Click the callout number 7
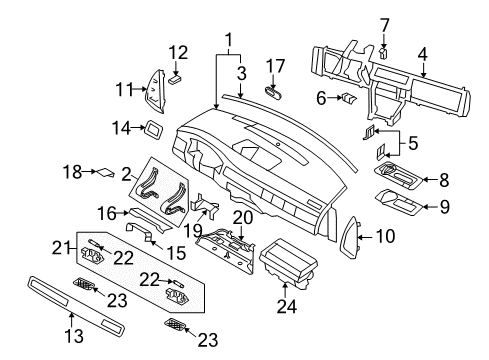coord(383,23)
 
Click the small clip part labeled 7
coord(382,53)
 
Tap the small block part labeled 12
coord(175,72)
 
